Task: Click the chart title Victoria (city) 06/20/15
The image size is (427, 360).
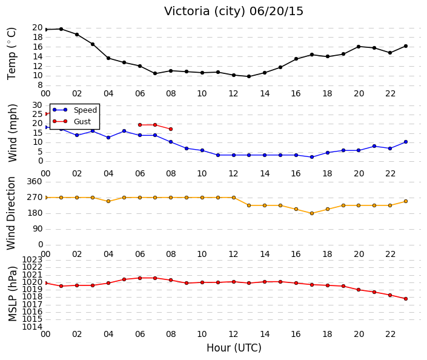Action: (233, 12)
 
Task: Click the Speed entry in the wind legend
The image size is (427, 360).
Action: (74, 110)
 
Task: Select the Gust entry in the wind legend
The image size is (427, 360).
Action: (71, 121)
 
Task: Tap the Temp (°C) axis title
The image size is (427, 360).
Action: (12, 54)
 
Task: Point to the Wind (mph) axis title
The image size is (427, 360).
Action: (12, 133)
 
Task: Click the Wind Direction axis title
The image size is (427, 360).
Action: (11, 213)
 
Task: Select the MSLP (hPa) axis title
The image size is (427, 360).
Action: (13, 293)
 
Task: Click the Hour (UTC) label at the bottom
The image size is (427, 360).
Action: (234, 348)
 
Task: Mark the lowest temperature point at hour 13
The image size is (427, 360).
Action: (249, 76)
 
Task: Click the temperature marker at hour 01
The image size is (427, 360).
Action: (61, 29)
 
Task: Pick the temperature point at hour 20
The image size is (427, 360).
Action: (359, 47)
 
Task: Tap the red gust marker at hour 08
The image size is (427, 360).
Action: (171, 129)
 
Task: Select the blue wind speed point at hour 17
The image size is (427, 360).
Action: (312, 157)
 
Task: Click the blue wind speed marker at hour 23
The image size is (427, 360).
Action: (406, 142)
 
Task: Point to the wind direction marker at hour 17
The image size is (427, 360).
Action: (312, 213)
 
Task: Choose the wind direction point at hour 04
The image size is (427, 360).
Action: (108, 201)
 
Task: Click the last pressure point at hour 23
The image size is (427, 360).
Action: (406, 299)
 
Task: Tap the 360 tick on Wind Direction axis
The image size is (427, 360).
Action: (35, 181)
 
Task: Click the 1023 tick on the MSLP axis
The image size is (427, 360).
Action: (32, 259)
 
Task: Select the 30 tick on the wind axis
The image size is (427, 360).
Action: (38, 105)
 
